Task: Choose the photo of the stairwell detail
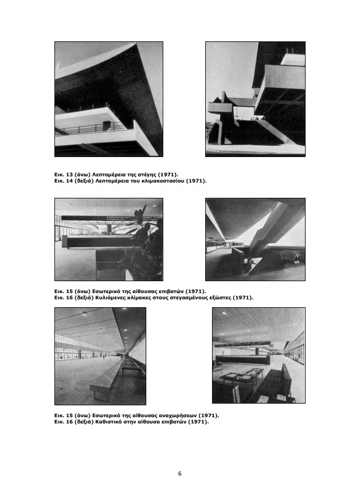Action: point(255,99)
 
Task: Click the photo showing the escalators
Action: point(255,239)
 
